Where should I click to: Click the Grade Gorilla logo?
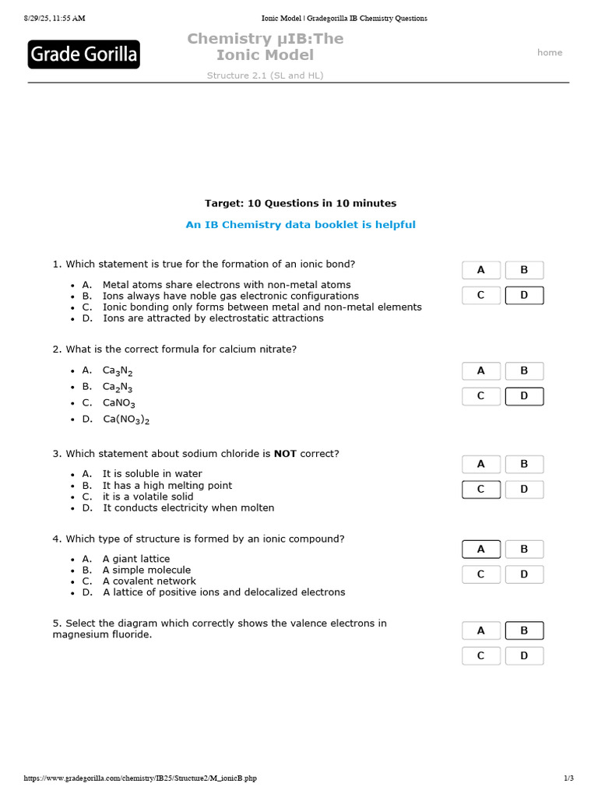[x=84, y=54]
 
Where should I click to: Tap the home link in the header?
[x=549, y=52]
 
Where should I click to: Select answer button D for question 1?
[x=524, y=295]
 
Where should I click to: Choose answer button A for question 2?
[x=480, y=371]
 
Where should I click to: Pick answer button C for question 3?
[x=480, y=490]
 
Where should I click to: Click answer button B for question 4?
[x=524, y=549]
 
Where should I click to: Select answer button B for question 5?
[x=524, y=630]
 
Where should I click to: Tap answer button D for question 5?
[x=524, y=656]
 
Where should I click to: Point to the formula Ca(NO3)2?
[x=126, y=420]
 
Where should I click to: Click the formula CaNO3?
[x=119, y=403]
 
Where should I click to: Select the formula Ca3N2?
[x=118, y=371]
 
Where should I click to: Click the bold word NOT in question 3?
[x=285, y=454]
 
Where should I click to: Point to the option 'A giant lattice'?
[x=136, y=559]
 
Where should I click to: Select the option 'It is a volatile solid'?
[x=148, y=497]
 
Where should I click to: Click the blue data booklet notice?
[x=300, y=225]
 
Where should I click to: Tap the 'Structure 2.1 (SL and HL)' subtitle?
[x=265, y=75]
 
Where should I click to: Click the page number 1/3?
[x=568, y=778]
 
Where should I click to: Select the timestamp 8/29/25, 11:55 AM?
[x=55, y=18]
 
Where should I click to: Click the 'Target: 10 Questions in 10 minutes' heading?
[x=300, y=203]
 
